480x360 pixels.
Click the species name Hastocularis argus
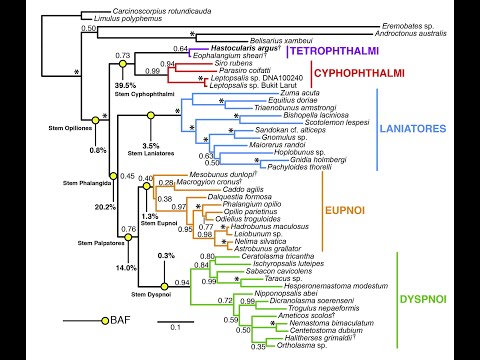pos(234,47)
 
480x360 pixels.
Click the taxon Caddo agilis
pos(228,189)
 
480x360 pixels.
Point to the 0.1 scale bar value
pos(173,327)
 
